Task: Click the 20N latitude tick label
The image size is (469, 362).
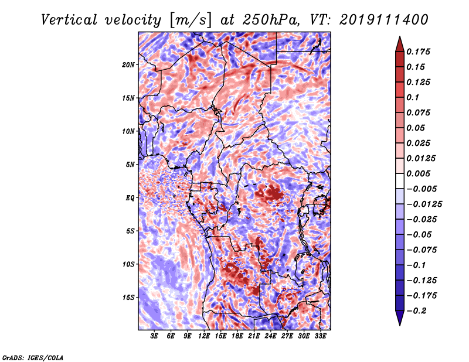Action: point(128,65)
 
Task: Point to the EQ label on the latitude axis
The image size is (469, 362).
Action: point(130,198)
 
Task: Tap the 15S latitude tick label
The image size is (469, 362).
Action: point(128,298)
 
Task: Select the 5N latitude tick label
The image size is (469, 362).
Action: point(130,165)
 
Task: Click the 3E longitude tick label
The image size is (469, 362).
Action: point(154,336)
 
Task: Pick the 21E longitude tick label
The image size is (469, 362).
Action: point(254,336)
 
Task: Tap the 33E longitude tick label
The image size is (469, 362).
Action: point(320,336)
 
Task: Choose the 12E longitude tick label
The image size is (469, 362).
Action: point(204,336)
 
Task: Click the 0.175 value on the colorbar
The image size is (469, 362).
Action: point(418,52)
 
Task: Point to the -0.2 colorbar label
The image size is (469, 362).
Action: point(416,311)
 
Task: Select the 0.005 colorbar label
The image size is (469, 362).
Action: point(418,173)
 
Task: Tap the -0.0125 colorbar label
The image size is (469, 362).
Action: point(424,204)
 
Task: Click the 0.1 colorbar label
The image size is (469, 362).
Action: point(413,97)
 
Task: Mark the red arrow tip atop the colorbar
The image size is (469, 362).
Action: point(400,36)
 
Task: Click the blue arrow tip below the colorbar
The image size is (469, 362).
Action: point(400,325)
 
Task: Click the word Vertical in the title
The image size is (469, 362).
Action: point(69,20)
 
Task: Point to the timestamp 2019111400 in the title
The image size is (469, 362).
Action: point(384,20)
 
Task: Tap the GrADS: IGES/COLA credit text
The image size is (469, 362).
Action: point(33,358)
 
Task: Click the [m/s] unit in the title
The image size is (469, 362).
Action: point(190,21)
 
